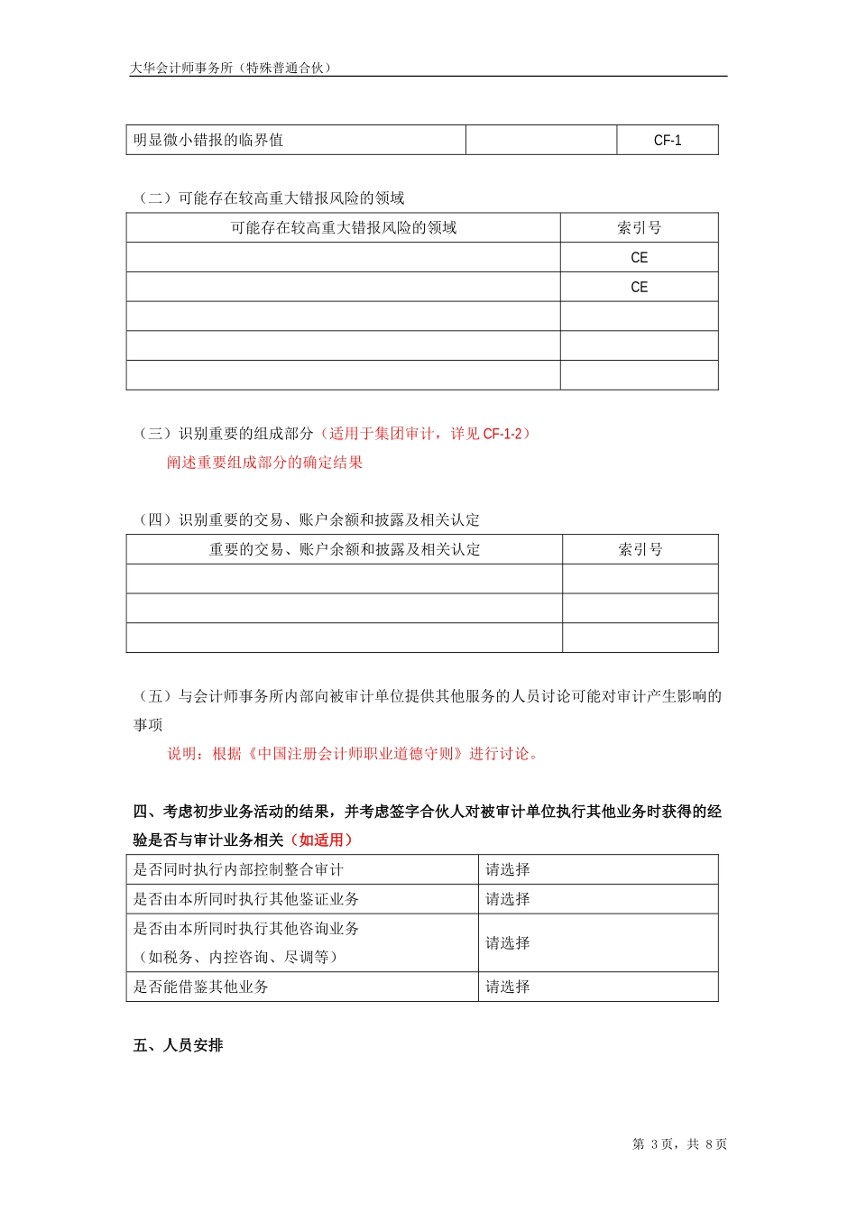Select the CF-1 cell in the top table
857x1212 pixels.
(x=668, y=141)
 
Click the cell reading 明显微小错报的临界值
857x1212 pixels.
(x=208, y=141)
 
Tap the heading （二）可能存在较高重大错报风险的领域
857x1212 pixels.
(x=270, y=198)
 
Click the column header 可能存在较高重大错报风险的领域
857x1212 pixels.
(x=344, y=228)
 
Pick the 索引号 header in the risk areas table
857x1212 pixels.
(x=639, y=228)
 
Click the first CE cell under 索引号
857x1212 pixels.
(x=639, y=258)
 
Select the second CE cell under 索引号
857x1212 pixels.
(x=639, y=288)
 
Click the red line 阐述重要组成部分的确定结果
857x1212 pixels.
(x=264, y=463)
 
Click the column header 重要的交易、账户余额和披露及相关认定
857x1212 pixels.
(x=345, y=550)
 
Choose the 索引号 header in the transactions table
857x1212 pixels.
(x=640, y=550)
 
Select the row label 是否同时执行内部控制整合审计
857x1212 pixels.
(x=238, y=870)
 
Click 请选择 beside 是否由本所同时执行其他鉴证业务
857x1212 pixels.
(x=508, y=900)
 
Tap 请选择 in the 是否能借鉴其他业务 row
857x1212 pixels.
(x=508, y=987)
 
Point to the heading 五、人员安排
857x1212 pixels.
(x=178, y=1046)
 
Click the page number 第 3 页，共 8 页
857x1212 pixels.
(x=679, y=1144)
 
